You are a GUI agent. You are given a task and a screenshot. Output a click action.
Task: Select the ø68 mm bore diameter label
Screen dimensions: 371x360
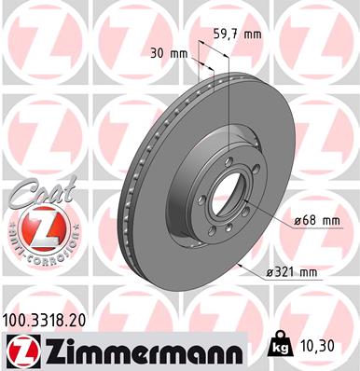coord(316,220)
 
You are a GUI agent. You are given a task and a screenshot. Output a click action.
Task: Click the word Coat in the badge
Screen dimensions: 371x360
coord(32,193)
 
